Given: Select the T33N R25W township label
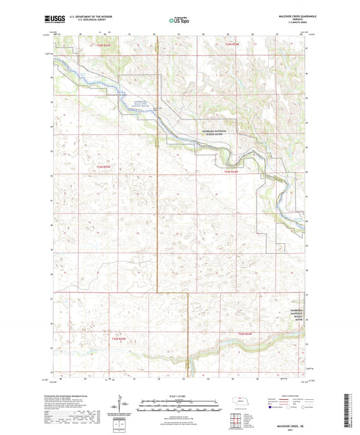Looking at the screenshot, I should click(102, 166).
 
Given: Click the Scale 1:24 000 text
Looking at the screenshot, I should click(180, 395).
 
